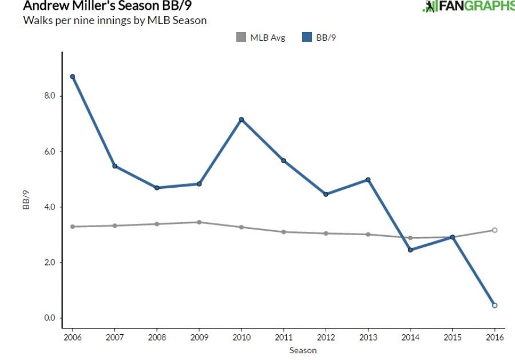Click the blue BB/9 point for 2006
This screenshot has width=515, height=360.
[x=73, y=77]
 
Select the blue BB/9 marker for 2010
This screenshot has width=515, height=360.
[x=241, y=120]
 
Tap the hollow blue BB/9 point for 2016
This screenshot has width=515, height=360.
[x=494, y=305]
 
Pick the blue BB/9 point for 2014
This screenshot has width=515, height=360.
[x=410, y=250]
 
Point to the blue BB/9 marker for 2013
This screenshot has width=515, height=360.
[x=368, y=180]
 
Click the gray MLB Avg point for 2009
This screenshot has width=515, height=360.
[x=199, y=222]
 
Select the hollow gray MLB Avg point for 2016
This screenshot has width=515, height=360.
[x=494, y=230]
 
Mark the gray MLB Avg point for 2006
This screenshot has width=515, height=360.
[x=73, y=227]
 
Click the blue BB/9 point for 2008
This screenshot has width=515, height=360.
[x=157, y=188]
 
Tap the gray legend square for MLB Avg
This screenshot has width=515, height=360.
[x=241, y=38]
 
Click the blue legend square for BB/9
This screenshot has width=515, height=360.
[x=307, y=38]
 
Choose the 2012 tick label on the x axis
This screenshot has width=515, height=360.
[x=326, y=338]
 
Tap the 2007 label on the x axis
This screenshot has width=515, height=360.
[x=114, y=338]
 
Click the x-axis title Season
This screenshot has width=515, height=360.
[x=303, y=350]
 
